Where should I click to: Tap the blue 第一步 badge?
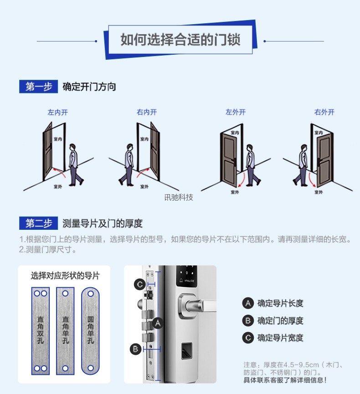38,87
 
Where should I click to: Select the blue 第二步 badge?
38,223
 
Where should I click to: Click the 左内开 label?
57,112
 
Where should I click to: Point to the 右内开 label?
146,112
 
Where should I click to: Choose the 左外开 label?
235,112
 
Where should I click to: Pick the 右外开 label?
324,112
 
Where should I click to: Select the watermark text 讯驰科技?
179,197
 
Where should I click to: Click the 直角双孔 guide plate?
40,331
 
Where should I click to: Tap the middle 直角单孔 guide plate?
65,331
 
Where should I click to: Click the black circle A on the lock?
158,323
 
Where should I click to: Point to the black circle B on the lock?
135,349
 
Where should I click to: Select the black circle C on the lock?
140,285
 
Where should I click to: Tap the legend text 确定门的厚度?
280,321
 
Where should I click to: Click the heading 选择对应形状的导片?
65,276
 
